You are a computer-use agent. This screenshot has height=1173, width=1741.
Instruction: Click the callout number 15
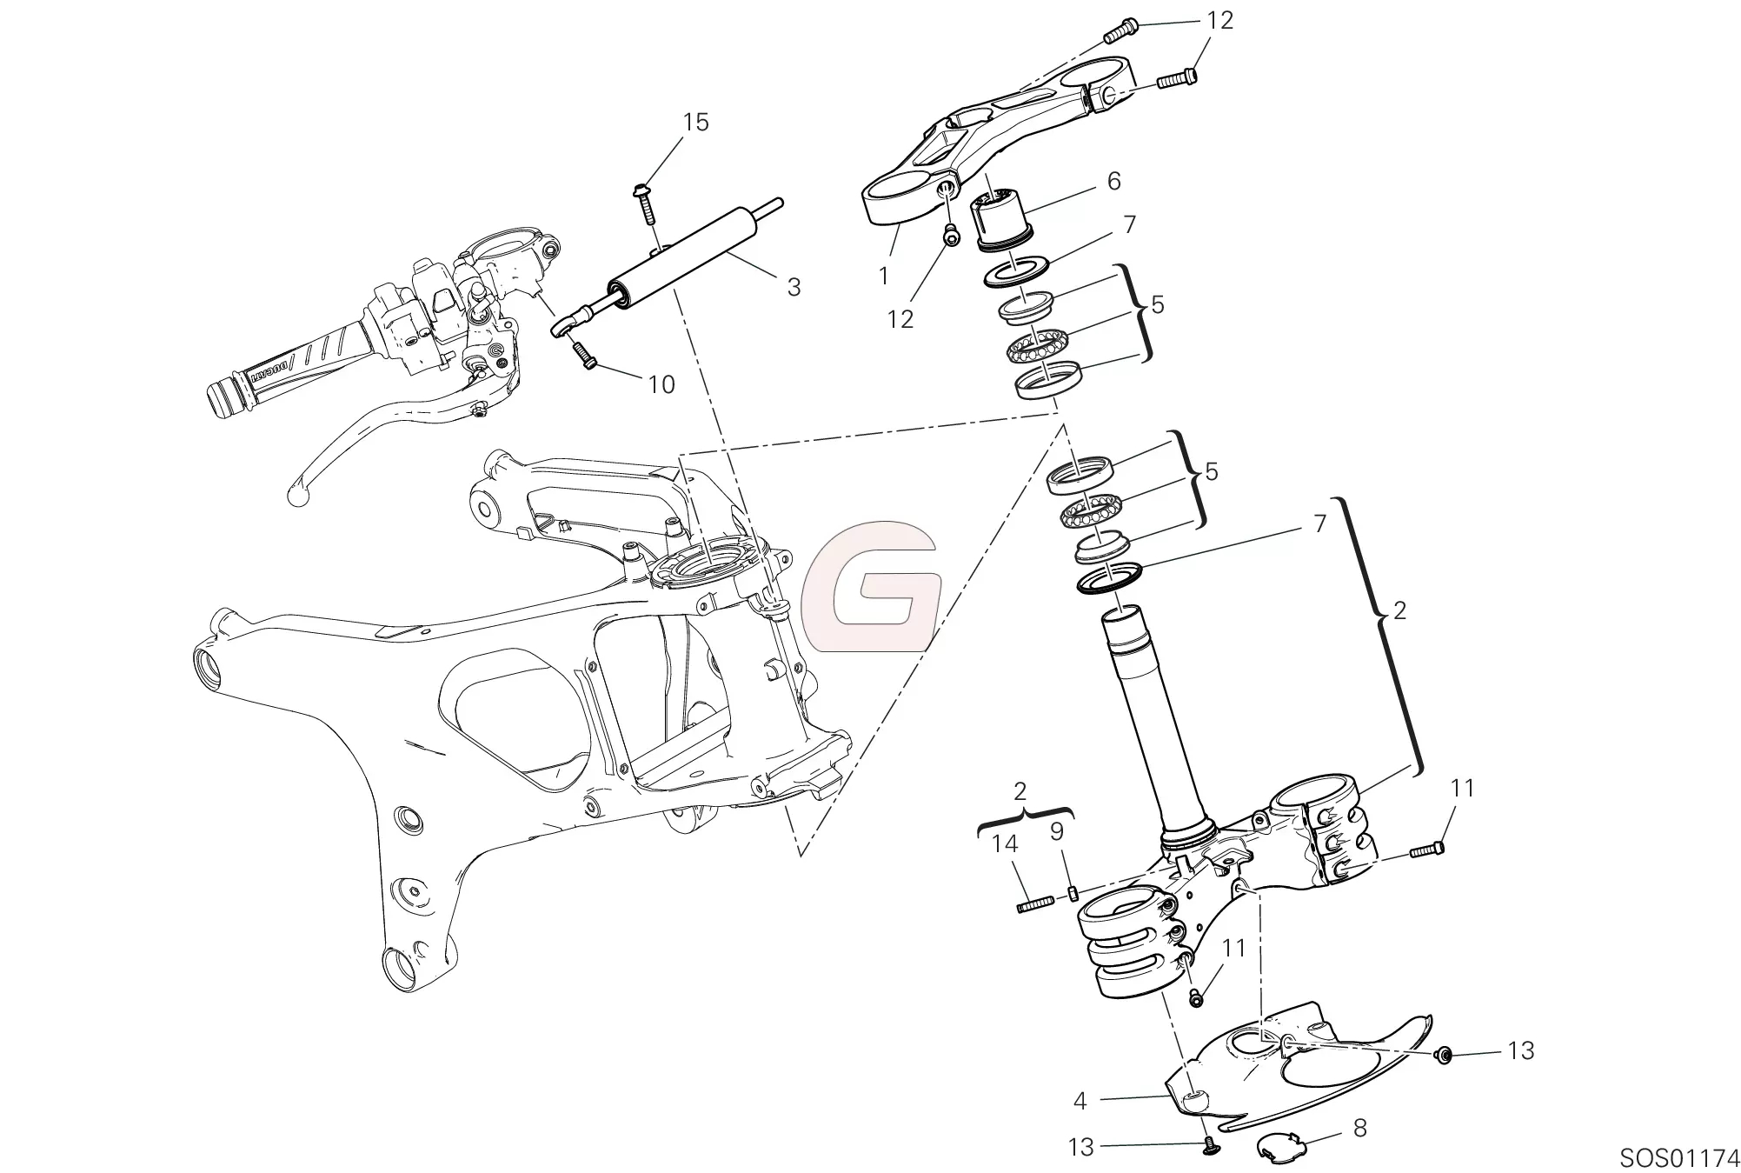695,123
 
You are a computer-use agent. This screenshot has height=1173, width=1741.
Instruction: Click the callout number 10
661,384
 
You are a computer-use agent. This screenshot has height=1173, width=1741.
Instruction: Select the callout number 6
1113,181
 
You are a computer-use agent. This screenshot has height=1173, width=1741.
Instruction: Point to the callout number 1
884,277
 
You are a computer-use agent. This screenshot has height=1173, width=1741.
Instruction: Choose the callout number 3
793,287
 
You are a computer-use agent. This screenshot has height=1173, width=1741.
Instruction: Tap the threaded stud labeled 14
1034,904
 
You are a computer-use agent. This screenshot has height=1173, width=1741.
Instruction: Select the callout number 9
1056,832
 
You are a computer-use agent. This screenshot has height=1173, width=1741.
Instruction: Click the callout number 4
1080,1101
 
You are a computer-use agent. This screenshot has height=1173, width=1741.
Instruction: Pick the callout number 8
1359,1128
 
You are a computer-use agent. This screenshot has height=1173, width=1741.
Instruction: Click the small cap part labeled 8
1279,1147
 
